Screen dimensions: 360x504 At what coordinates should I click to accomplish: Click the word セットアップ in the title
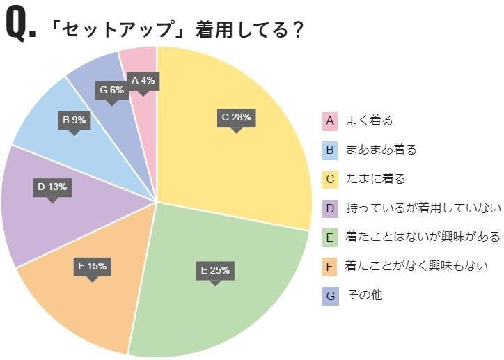pyautogui.click(x=119, y=31)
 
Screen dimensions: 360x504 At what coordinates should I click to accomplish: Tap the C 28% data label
pyautogui.click(x=236, y=117)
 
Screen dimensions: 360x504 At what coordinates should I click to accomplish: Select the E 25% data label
pyautogui.click(x=214, y=270)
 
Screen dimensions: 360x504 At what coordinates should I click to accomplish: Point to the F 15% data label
pyautogui.click(x=92, y=266)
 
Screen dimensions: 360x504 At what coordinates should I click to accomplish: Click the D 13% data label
pyautogui.click(x=52, y=187)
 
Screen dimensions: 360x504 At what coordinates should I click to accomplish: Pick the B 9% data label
pyautogui.click(x=74, y=120)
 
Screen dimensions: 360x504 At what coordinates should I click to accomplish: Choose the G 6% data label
pyautogui.click(x=111, y=90)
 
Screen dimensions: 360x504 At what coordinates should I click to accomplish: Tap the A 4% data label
pyautogui.click(x=143, y=80)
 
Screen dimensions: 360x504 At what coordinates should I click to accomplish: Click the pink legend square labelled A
pyautogui.click(x=331, y=120)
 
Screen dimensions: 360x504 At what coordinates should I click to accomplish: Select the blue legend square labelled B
pyautogui.click(x=331, y=150)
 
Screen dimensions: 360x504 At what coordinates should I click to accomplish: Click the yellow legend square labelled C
pyautogui.click(x=331, y=179)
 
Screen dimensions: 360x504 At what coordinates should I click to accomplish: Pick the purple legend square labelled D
pyautogui.click(x=331, y=208)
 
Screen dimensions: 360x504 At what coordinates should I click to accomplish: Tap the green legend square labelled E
pyautogui.click(x=331, y=237)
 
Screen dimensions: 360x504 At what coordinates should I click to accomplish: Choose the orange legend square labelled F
pyautogui.click(x=331, y=266)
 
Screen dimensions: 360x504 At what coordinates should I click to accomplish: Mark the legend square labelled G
pyautogui.click(x=331, y=295)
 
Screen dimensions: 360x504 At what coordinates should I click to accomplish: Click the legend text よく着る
pyautogui.click(x=370, y=120)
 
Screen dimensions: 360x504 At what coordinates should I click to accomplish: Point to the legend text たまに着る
pyautogui.click(x=376, y=179)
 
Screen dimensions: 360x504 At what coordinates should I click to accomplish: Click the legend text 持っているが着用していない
pyautogui.click(x=423, y=208)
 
